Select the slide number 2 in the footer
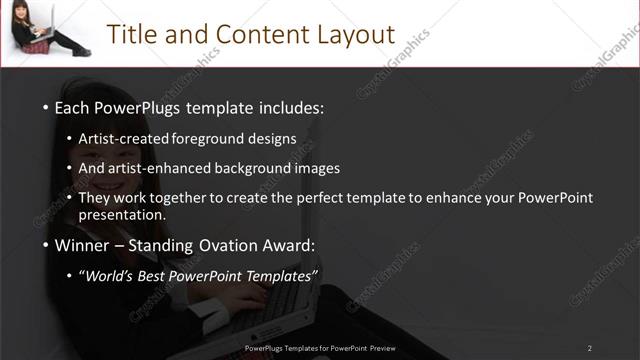pos(589,348)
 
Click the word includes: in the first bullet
pos(291,107)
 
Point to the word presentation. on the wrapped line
pos(122,214)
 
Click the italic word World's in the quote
pos(108,276)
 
